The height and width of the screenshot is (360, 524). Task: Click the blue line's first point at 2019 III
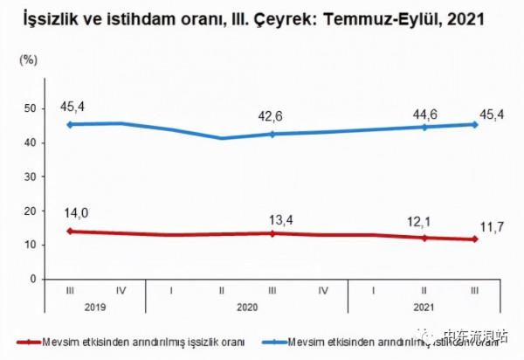pyautogui.click(x=71, y=124)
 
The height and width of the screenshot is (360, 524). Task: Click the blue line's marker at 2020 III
pyautogui.click(x=272, y=134)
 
